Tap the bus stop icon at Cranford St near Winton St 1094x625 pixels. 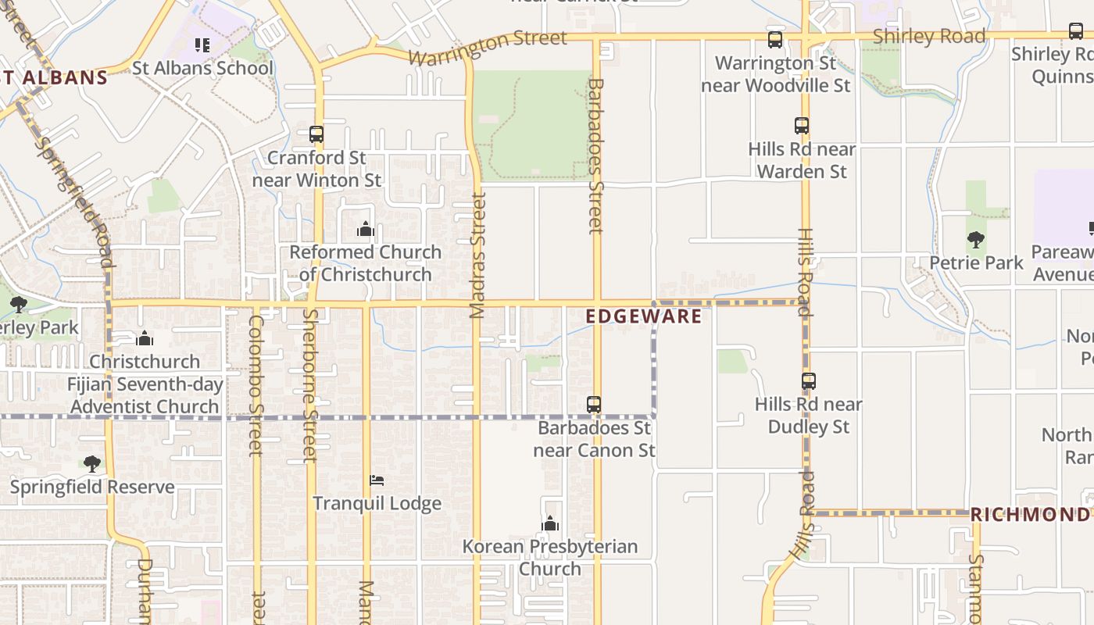click(x=316, y=134)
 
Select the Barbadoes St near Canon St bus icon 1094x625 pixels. click(x=594, y=405)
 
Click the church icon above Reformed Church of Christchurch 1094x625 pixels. click(x=366, y=230)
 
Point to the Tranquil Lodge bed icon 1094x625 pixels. click(x=377, y=480)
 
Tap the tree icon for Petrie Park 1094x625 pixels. click(x=975, y=240)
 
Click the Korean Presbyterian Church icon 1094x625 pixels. click(x=550, y=523)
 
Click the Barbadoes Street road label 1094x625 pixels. click(x=596, y=156)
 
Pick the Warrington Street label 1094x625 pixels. click(x=487, y=48)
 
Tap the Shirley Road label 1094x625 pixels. click(x=928, y=37)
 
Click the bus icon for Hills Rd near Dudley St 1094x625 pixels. click(x=809, y=381)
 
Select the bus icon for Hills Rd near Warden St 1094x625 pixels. click(x=802, y=125)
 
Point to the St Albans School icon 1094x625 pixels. click(x=202, y=45)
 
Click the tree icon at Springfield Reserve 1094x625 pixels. click(x=92, y=464)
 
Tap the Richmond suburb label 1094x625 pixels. click(x=1029, y=515)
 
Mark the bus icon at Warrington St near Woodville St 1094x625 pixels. click(x=775, y=40)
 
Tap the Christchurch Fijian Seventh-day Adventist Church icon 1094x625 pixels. click(x=145, y=339)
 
